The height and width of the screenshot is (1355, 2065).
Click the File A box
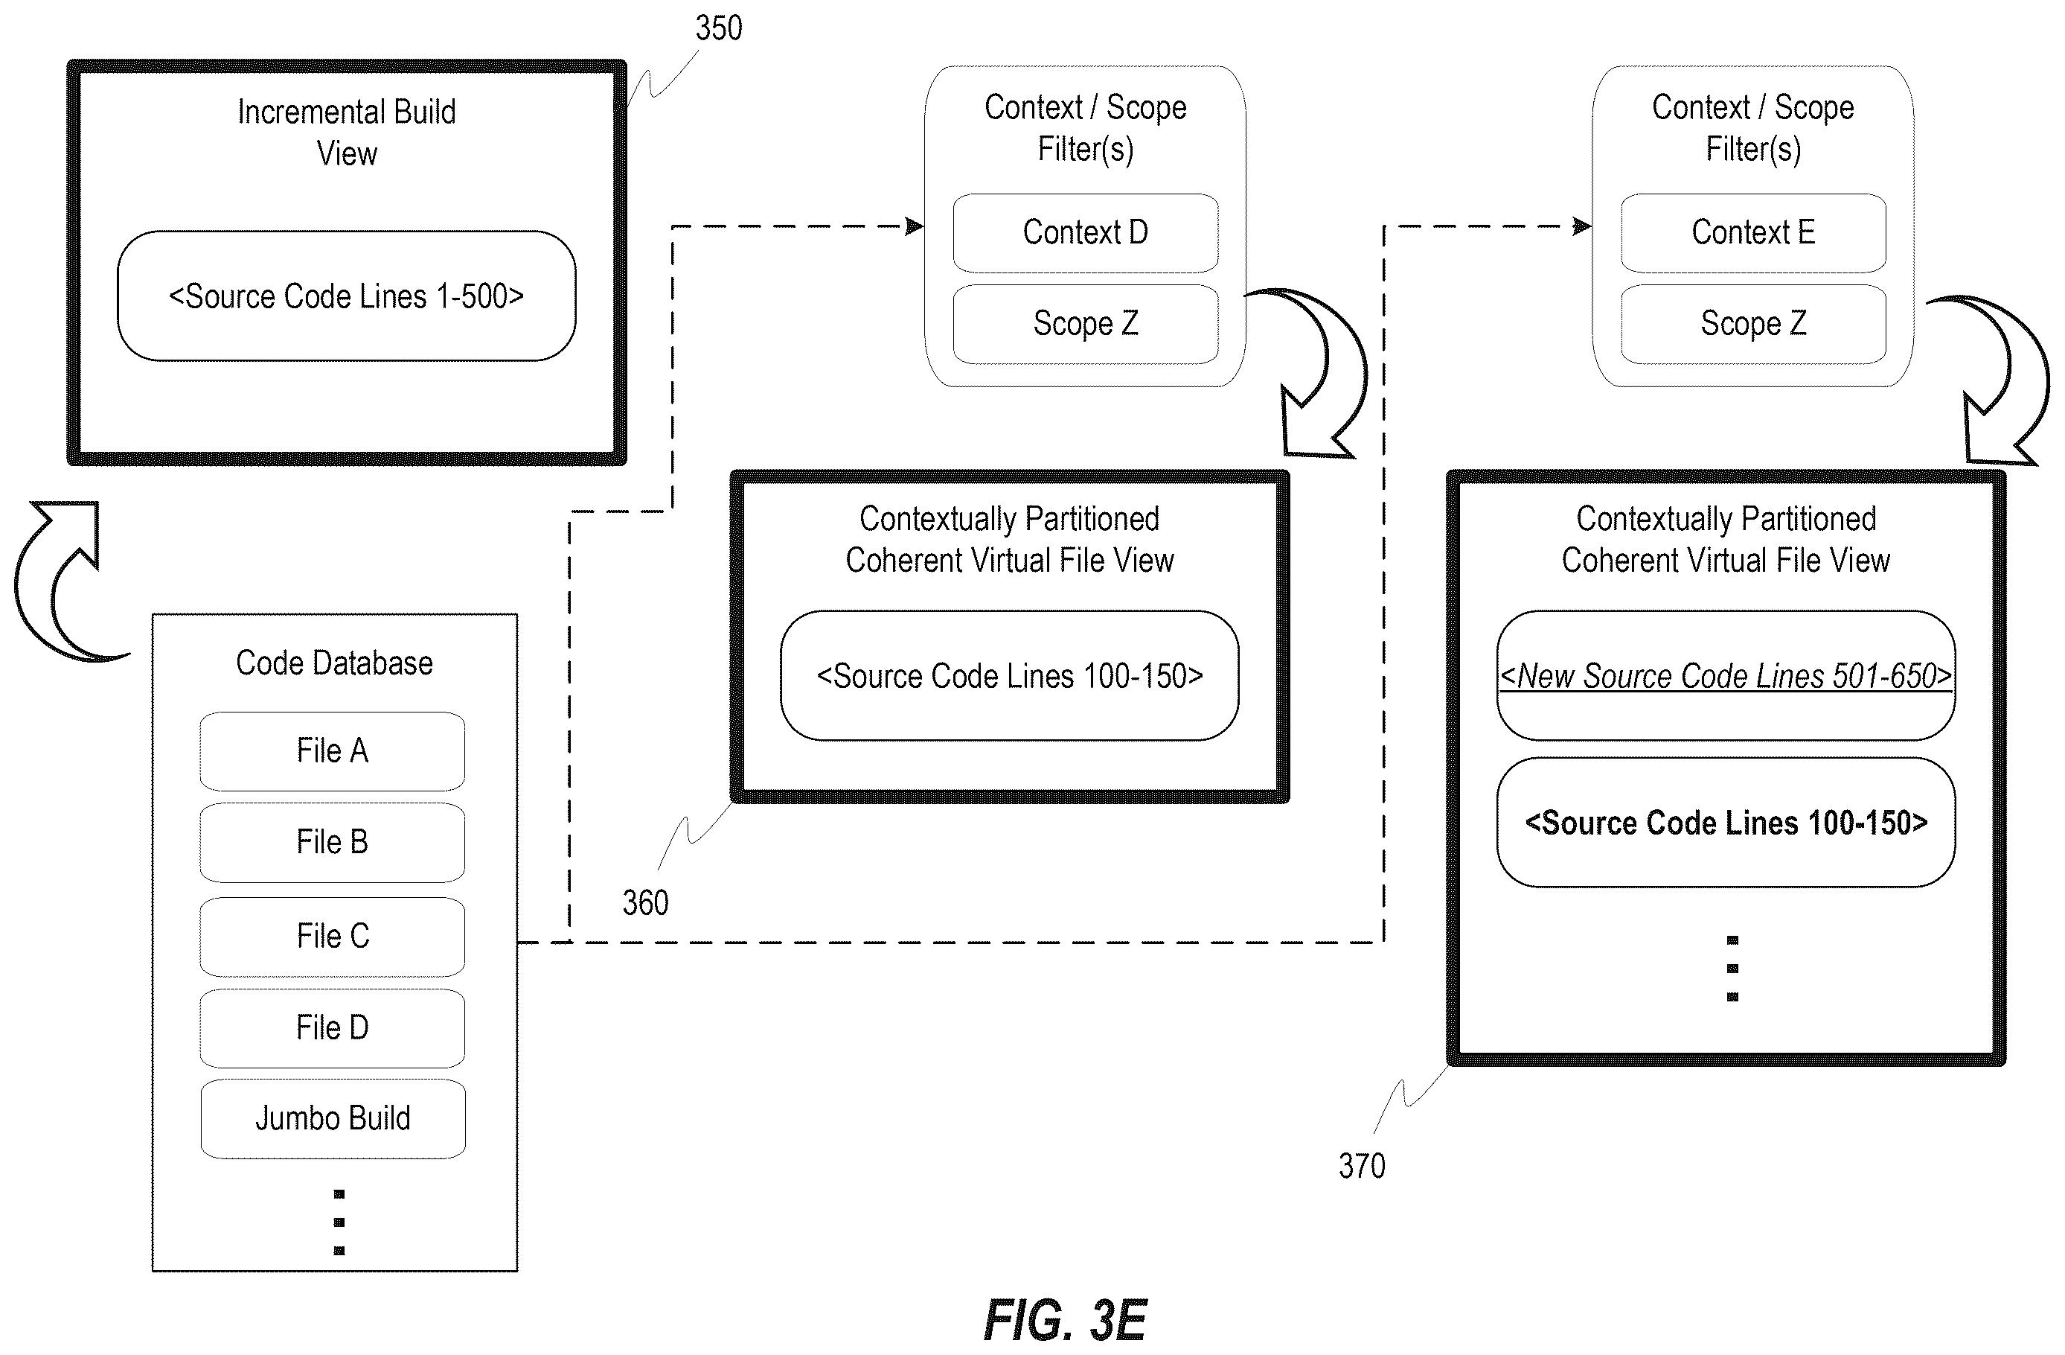[x=333, y=751]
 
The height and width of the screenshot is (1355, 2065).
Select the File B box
[x=333, y=842]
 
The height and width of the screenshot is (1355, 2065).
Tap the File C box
[x=333, y=937]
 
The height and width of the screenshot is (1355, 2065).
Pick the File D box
[x=333, y=1027]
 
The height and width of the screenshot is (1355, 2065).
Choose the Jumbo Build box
[x=333, y=1119]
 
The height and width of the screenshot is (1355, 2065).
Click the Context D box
[x=1086, y=232]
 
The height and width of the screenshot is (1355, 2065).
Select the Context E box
[x=1753, y=232]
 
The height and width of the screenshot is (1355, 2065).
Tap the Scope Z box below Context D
[x=1086, y=324]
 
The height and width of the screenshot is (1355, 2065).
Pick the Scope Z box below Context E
[x=1753, y=324]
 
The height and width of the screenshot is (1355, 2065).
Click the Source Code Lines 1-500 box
[x=346, y=296]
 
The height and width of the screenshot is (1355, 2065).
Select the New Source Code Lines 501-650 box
[x=1726, y=675]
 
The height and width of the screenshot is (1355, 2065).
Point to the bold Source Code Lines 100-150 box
[x=1726, y=822]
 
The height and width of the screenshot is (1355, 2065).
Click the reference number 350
[x=718, y=28]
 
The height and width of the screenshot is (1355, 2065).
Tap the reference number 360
[x=645, y=903]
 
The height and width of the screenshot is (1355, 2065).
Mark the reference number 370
[x=1361, y=1166]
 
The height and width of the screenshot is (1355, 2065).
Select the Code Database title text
[x=334, y=663]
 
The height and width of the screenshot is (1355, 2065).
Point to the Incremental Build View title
[x=346, y=133]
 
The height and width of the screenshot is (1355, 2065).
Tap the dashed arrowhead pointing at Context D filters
[x=915, y=226]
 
